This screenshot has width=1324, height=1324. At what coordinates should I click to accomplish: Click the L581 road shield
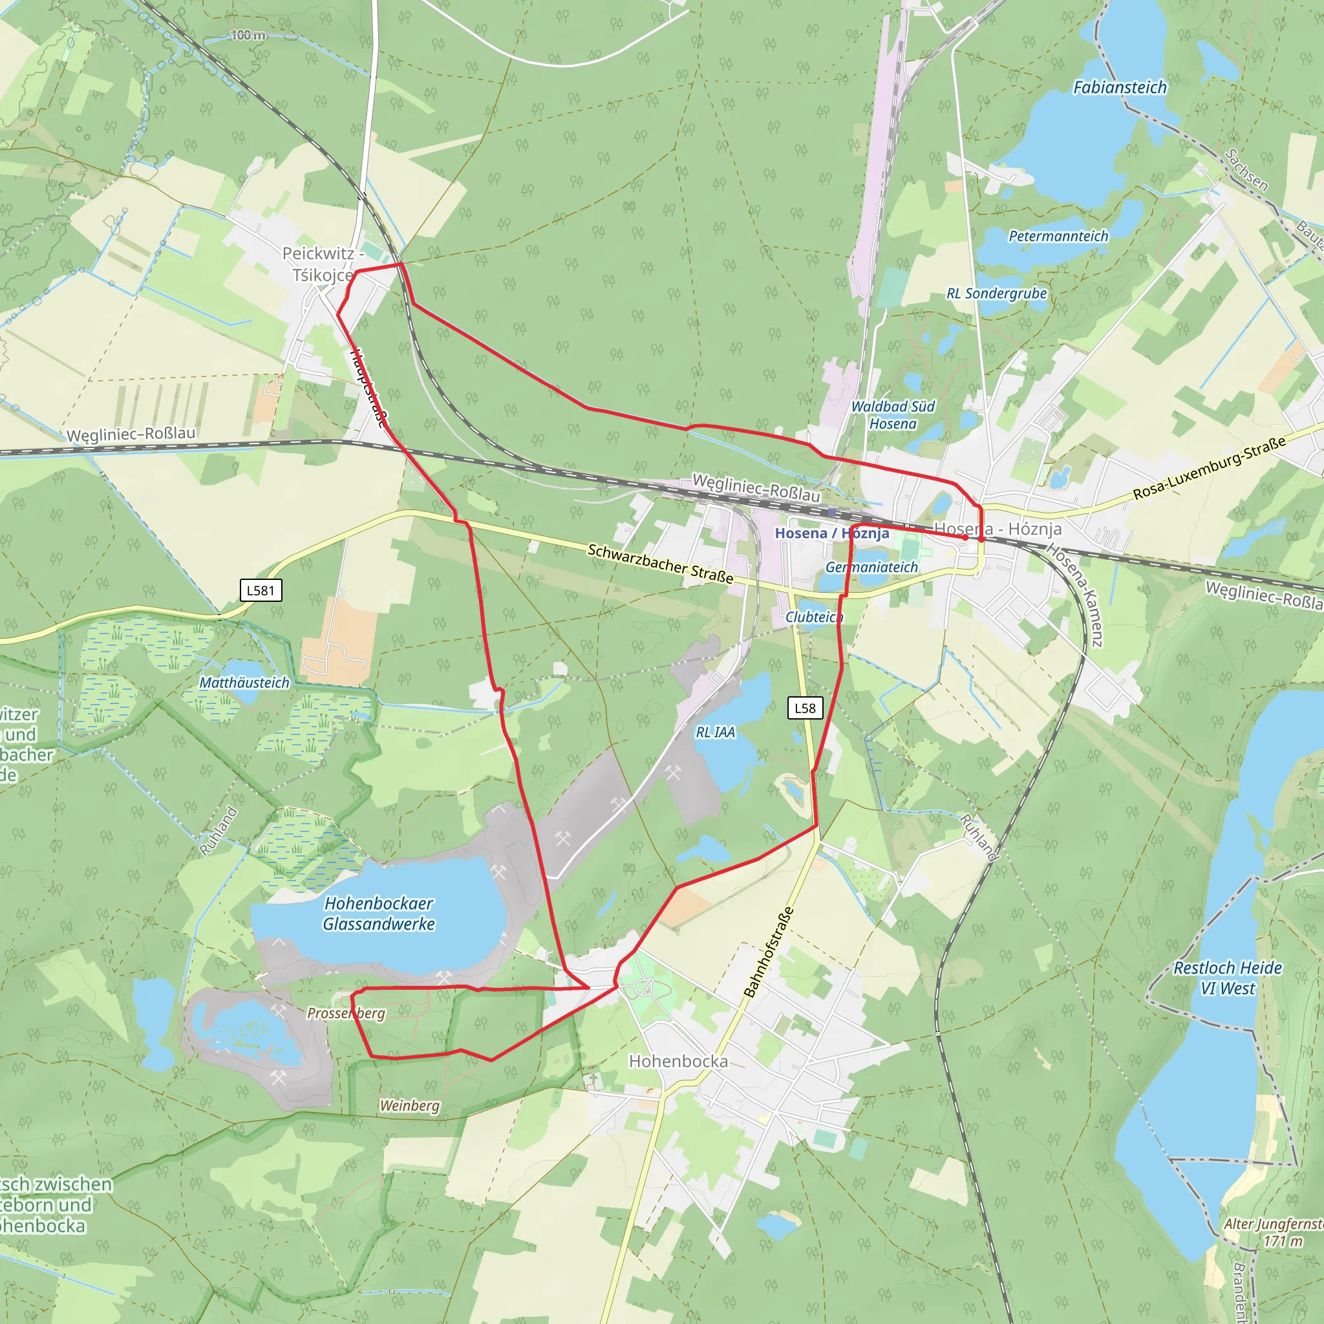click(261, 590)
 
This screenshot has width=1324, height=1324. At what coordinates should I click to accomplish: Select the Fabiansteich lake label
click(1119, 88)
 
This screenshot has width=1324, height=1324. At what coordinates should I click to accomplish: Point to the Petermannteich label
click(1058, 237)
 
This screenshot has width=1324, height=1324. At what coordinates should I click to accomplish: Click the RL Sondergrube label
click(996, 294)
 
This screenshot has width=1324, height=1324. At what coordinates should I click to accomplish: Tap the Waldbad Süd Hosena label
click(892, 415)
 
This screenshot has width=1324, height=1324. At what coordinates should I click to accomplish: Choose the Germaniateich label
click(871, 568)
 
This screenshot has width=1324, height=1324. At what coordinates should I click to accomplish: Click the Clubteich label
click(813, 617)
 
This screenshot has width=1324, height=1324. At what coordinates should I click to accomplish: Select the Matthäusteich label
click(244, 683)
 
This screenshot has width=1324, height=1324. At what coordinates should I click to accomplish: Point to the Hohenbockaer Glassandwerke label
click(379, 913)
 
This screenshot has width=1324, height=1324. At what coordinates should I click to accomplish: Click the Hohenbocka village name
click(678, 1062)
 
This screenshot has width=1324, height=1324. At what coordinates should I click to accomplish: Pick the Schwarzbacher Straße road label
click(660, 564)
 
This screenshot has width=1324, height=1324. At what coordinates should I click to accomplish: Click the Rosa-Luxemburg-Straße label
click(1209, 468)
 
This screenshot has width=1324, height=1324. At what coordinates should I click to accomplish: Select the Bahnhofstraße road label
click(769, 952)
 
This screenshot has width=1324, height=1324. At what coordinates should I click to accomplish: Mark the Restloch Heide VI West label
click(1228, 978)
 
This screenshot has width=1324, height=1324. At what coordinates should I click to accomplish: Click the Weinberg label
click(409, 1105)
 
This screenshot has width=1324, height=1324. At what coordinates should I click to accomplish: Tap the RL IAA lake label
click(715, 732)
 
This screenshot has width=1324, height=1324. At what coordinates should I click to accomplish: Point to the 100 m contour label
click(248, 35)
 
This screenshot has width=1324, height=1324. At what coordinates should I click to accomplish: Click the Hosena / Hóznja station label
click(831, 533)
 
